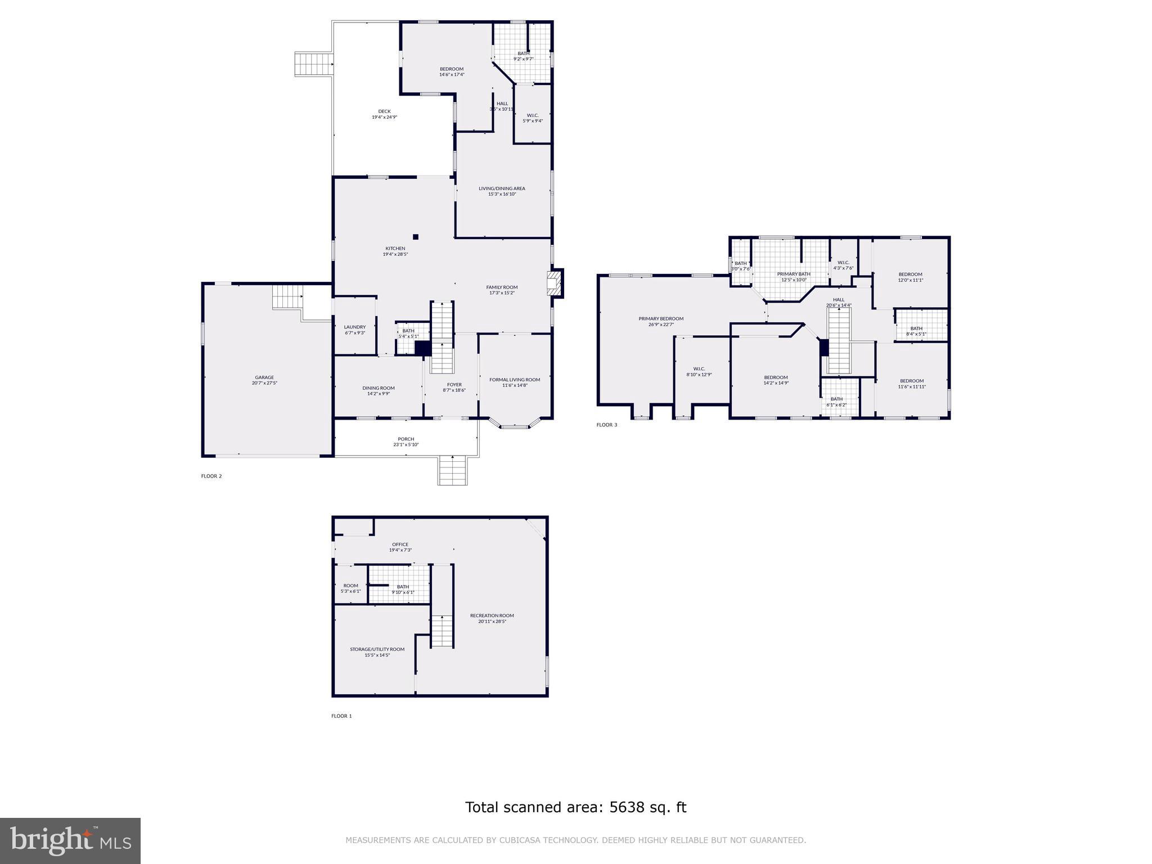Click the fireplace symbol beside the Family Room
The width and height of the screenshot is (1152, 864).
point(555,283)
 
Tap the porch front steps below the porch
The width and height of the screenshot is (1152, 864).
point(453,471)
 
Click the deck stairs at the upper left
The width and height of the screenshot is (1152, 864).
point(313,64)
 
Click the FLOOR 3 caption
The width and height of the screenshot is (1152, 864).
point(606,425)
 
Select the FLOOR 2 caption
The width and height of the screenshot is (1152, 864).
point(211,476)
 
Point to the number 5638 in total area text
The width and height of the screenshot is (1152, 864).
point(625,807)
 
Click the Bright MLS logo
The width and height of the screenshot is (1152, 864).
point(70,840)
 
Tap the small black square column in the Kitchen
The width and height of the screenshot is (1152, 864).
point(416,237)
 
